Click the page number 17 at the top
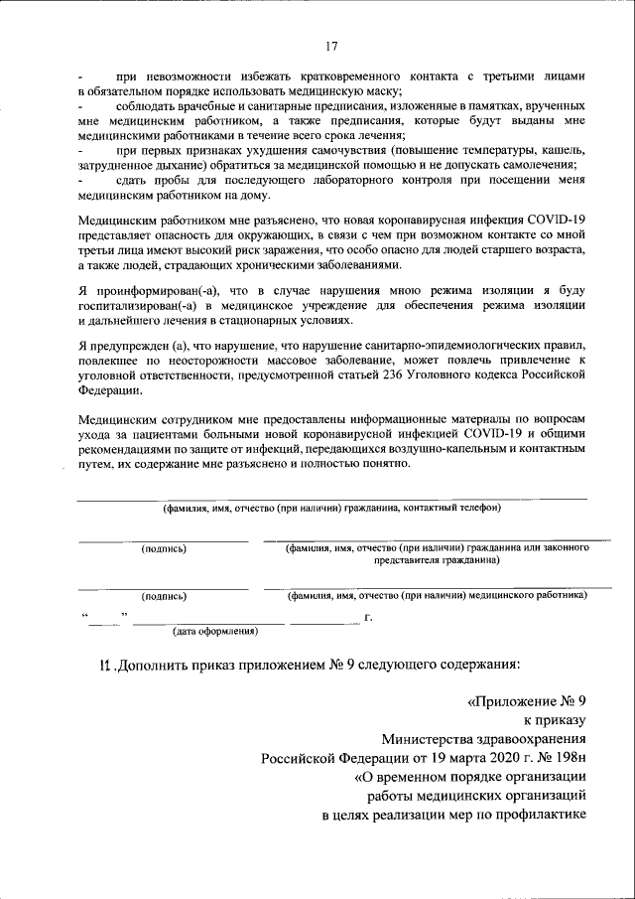[x=331, y=46]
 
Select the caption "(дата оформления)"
[x=215, y=631]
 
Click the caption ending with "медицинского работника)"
[x=437, y=595]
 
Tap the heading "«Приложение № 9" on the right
[x=527, y=700]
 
